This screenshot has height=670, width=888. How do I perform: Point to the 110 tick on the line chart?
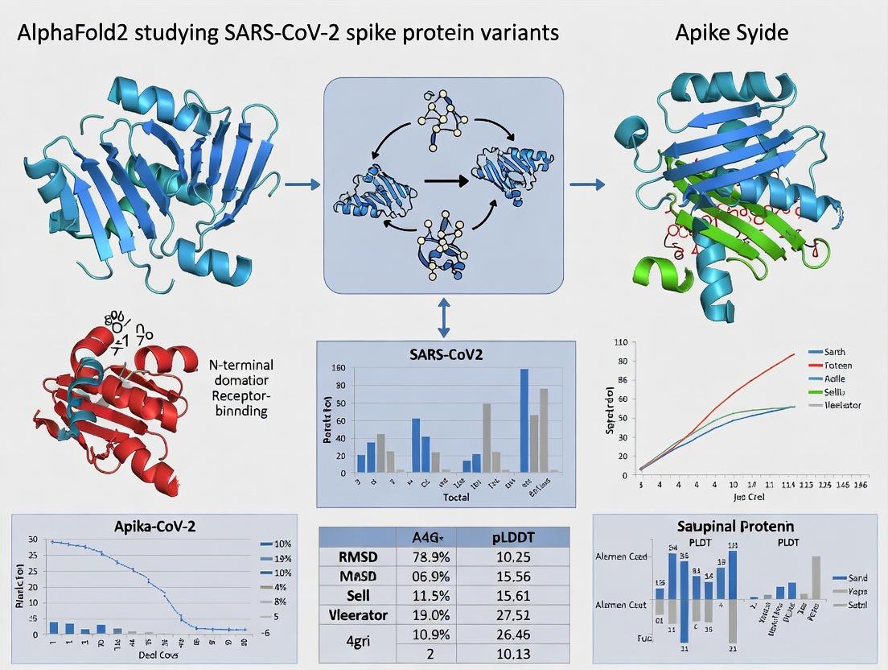click(620, 343)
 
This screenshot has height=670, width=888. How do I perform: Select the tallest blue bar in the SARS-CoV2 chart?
click(524, 420)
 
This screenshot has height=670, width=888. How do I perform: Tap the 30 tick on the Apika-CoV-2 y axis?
click(32, 539)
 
